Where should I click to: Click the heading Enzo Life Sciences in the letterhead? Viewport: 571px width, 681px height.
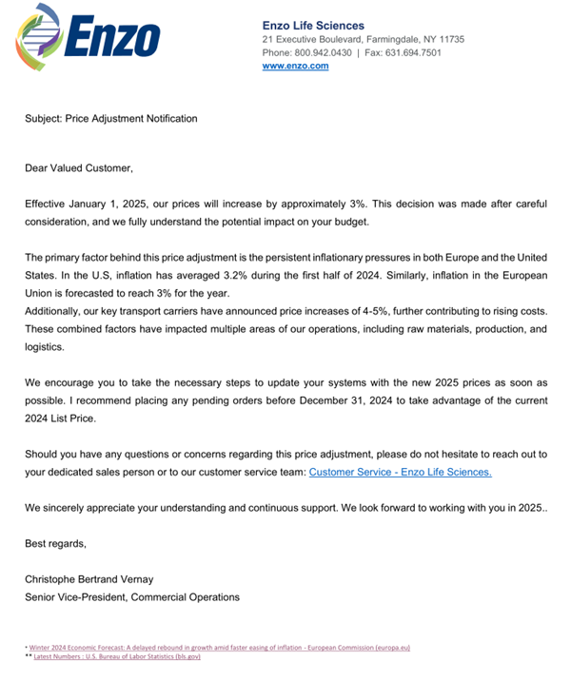[x=313, y=26]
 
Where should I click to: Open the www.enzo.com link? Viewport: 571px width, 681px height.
[x=295, y=66]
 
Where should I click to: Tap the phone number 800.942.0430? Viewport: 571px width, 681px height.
[x=325, y=52]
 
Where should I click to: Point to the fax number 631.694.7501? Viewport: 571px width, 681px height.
[x=418, y=52]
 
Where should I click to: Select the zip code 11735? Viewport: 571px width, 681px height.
[x=447, y=39]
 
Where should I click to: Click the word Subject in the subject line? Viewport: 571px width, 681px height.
[x=43, y=119]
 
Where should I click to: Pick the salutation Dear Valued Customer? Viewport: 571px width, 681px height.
[x=79, y=168]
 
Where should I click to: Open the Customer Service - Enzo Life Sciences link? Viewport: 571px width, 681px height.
[x=400, y=472]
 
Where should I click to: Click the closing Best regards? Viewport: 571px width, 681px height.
[x=55, y=544]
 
